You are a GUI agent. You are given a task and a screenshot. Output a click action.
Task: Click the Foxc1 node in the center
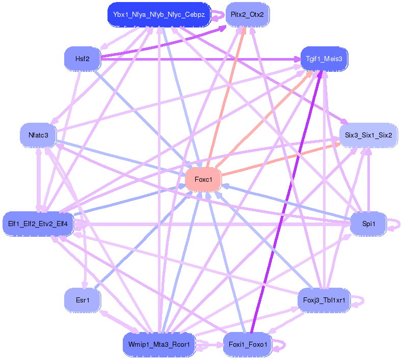(203, 179)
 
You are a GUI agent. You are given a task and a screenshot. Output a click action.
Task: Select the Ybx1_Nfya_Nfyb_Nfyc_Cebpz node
(159, 15)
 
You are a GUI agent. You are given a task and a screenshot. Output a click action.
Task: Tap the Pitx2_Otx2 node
(247, 15)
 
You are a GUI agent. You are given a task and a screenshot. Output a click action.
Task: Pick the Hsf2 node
(82, 59)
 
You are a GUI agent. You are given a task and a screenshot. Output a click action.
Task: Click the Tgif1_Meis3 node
(325, 59)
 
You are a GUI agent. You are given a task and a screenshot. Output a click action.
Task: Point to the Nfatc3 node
(38, 135)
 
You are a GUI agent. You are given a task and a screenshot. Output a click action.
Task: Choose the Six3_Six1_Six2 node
(368, 135)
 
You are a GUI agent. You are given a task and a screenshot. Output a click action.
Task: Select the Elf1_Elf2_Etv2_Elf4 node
(38, 224)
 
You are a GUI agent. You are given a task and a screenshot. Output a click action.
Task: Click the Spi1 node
(368, 224)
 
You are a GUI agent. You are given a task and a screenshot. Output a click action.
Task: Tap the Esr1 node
(82, 300)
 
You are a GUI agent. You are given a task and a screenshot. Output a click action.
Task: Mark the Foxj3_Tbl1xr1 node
(324, 300)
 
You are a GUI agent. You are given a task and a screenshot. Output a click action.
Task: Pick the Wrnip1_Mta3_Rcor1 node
(159, 345)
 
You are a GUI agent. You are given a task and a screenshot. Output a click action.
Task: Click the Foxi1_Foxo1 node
(247, 345)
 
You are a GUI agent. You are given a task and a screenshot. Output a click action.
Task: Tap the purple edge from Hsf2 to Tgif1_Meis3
(204, 59)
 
